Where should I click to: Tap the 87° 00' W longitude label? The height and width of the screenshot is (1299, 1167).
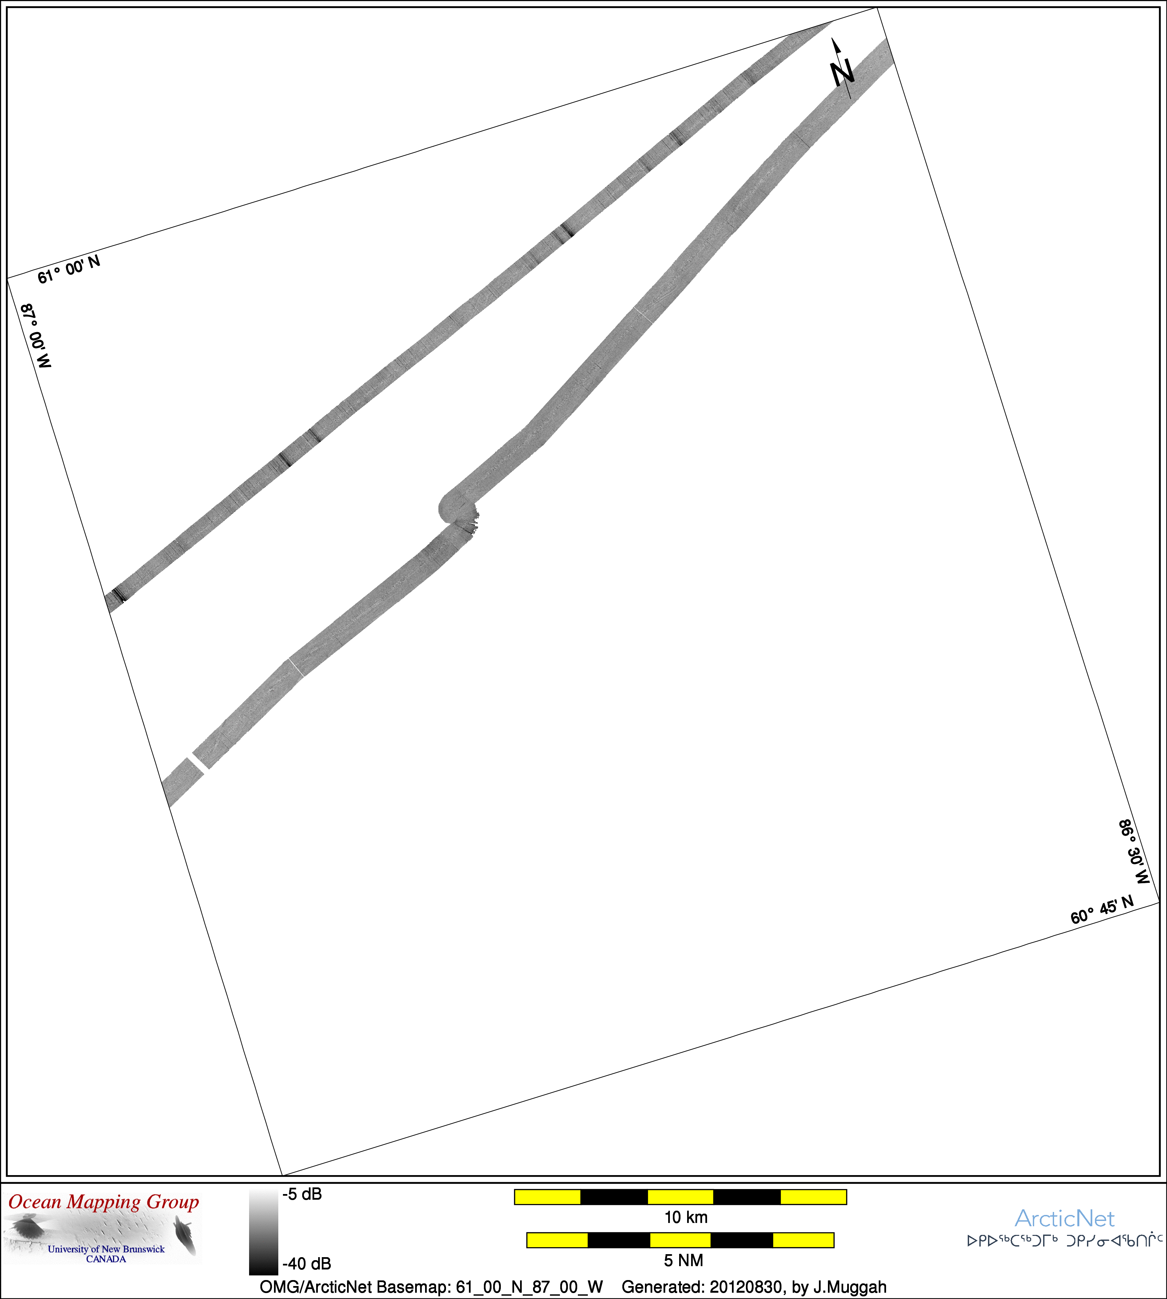pyautogui.click(x=36, y=336)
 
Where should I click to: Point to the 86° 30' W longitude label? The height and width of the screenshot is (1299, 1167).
pyautogui.click(x=1134, y=851)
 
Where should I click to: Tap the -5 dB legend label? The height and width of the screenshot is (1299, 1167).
pyautogui.click(x=302, y=1194)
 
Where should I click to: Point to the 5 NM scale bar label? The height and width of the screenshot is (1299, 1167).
pyautogui.click(x=683, y=1260)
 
